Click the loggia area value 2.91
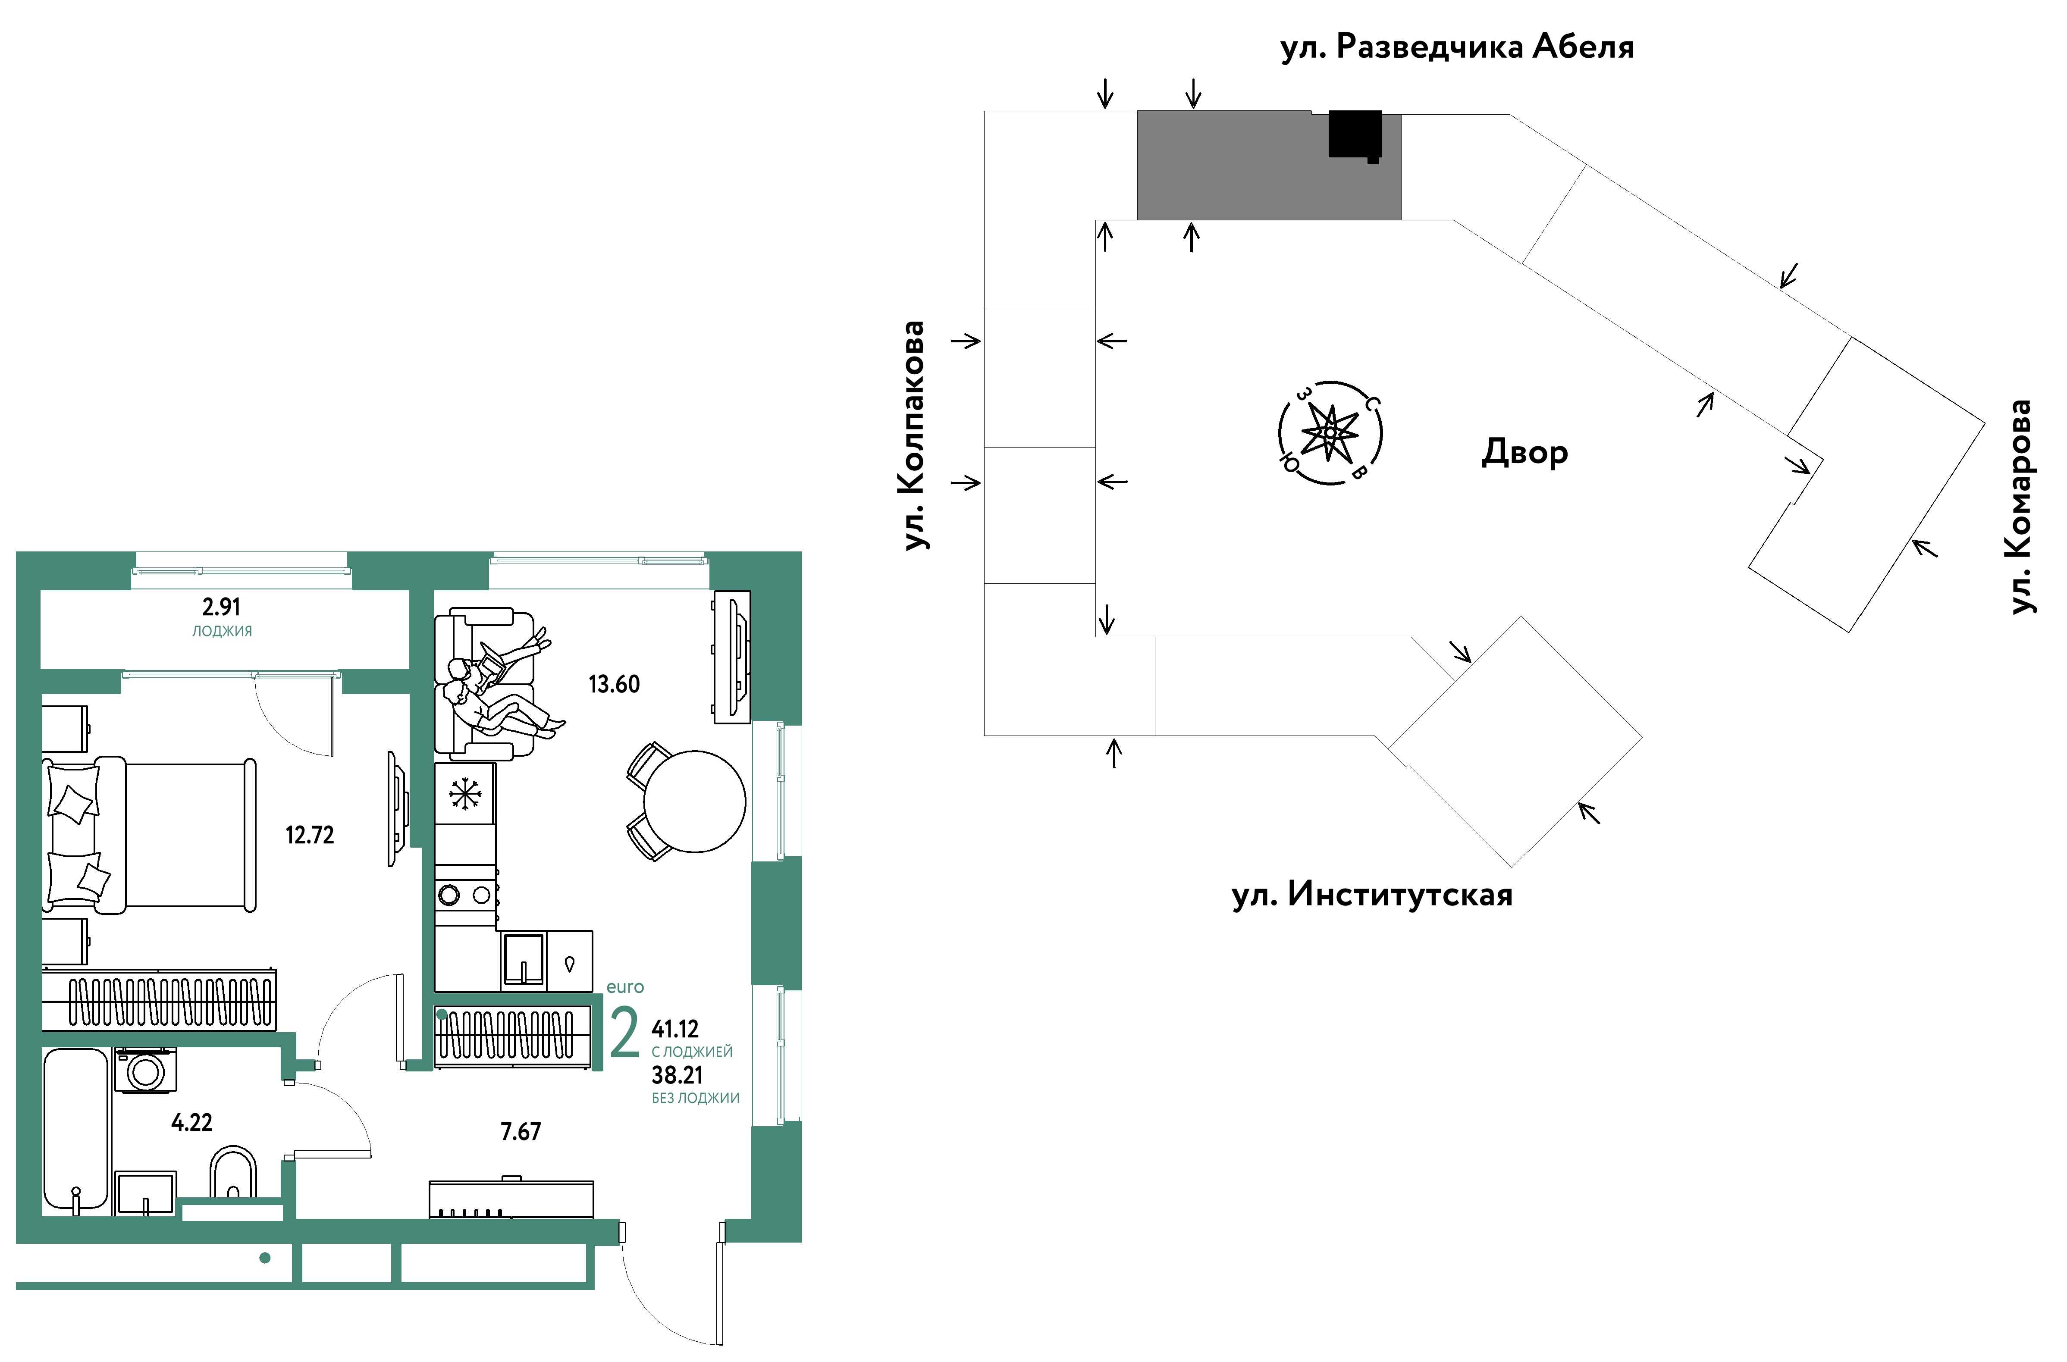(x=222, y=607)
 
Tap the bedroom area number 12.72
(x=309, y=836)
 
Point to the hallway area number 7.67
(x=521, y=1132)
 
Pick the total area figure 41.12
(x=675, y=1029)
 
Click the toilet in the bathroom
(x=233, y=1173)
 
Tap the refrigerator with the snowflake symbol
(x=465, y=794)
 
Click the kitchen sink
(x=523, y=960)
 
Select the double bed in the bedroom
(x=150, y=836)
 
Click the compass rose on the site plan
(x=1330, y=432)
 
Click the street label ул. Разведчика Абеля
(x=1457, y=47)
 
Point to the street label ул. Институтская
(x=1372, y=895)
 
